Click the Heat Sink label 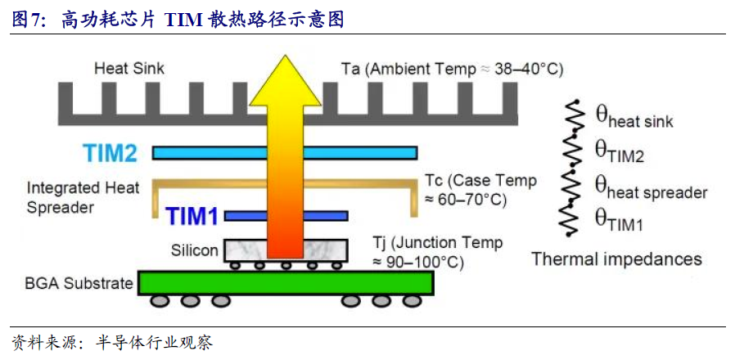pyautogui.click(x=129, y=69)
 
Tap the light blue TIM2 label pyautogui.click(x=115, y=152)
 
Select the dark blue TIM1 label pyautogui.click(x=192, y=216)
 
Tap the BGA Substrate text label pyautogui.click(x=79, y=283)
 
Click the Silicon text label pyautogui.click(x=195, y=250)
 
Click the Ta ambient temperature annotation pyautogui.click(x=452, y=69)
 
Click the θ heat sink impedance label pyautogui.click(x=634, y=119)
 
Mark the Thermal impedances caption pyautogui.click(x=616, y=259)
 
